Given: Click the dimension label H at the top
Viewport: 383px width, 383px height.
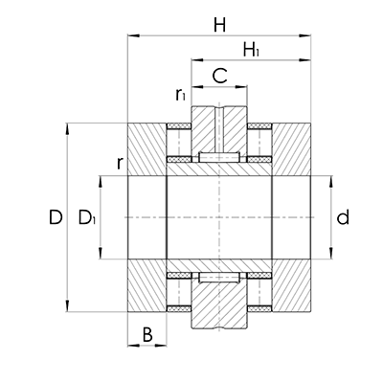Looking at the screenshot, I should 219,24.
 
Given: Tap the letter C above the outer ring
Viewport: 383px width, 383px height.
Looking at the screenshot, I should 219,75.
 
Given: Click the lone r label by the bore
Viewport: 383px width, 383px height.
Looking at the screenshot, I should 118,164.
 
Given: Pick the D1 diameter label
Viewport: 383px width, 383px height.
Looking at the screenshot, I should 87,219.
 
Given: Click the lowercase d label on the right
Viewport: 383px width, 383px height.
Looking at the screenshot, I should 342,218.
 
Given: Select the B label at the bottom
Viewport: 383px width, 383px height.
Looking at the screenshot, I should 146,335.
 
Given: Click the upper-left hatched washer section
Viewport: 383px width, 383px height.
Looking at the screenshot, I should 146,148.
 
